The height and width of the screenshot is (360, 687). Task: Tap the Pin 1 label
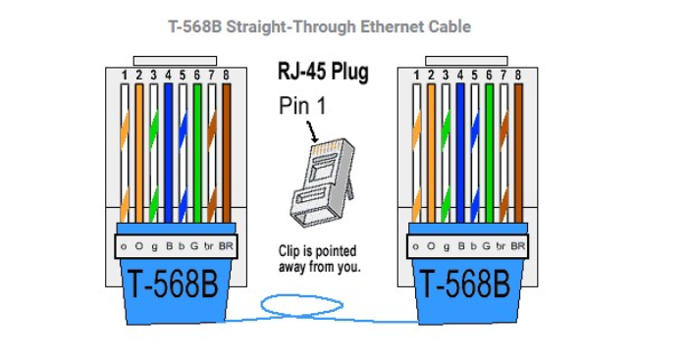pos(306,105)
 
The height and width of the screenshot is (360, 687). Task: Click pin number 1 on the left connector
pos(124,75)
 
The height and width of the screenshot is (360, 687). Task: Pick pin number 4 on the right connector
pos(459,75)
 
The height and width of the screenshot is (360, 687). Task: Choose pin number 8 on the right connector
pos(517,75)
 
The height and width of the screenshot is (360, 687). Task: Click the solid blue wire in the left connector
pos(168,147)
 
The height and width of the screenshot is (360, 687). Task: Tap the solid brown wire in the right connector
pos(517,147)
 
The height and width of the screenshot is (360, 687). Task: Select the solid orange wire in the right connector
pos(430,147)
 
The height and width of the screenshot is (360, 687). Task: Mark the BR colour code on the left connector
pos(226,245)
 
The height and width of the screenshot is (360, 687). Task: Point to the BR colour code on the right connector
pos(518,245)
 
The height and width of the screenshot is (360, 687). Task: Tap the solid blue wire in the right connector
pos(459,147)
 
